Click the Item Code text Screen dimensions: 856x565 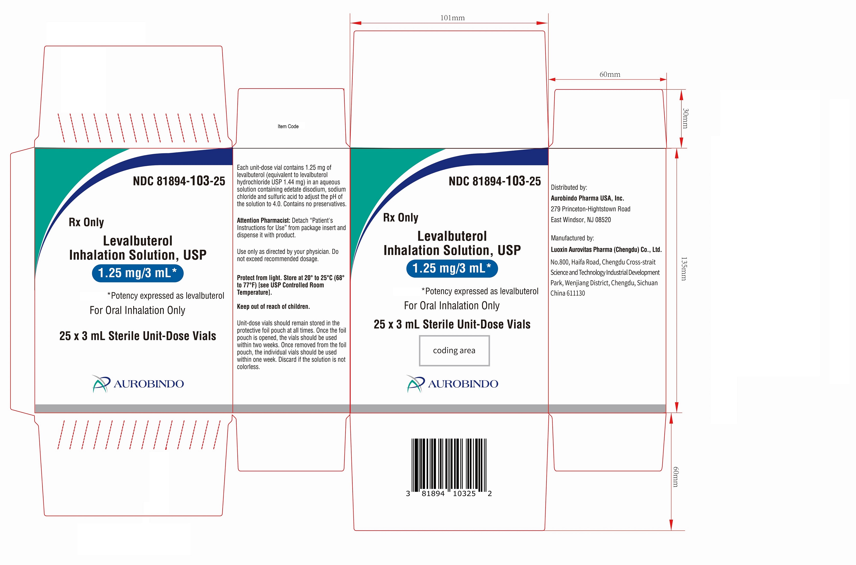pos(288,126)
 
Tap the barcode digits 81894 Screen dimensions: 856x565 pos(433,494)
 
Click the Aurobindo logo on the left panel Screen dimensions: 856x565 pos(138,384)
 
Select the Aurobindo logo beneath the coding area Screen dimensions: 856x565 pos(452,384)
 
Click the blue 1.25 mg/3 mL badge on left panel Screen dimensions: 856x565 pos(138,273)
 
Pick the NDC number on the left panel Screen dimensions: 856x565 pos(179,181)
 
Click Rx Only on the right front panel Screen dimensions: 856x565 pos(401,218)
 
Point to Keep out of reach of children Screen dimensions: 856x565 pos(273,307)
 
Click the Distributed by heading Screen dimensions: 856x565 pos(569,187)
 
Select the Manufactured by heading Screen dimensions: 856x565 pos(573,238)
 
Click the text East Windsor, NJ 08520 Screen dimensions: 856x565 pos(581,220)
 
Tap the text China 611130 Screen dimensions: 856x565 pos(568,293)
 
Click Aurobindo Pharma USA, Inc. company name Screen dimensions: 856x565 pos(587,198)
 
